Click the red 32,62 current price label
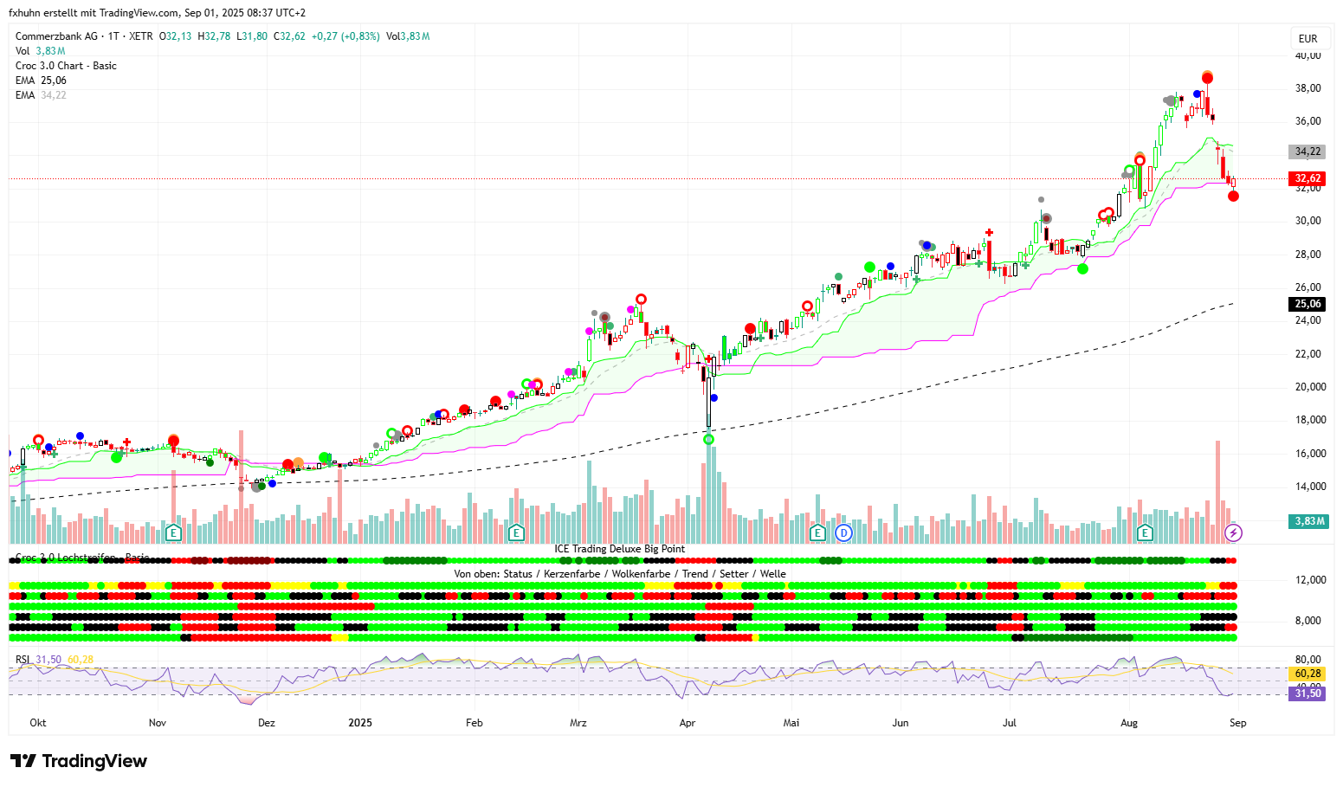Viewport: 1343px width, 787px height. coord(1307,178)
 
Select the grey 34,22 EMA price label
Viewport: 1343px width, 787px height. coord(1307,152)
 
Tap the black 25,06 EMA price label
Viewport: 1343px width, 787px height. coord(1307,304)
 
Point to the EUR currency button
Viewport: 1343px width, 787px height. coord(1307,38)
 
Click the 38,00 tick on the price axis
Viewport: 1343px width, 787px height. coord(1307,88)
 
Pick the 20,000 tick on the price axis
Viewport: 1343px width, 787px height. coord(1310,387)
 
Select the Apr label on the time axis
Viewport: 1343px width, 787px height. coord(688,723)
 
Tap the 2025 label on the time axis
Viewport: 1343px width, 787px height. coord(360,723)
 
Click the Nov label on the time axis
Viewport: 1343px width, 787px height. coord(158,723)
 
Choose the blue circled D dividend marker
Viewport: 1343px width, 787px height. coord(843,532)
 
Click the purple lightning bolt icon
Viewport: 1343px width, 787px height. coord(1234,532)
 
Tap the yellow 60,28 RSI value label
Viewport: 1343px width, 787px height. coord(1307,674)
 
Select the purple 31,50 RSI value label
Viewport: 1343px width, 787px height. coord(1307,693)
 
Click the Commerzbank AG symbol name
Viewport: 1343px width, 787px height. coord(56,36)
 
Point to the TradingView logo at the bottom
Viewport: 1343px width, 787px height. coord(79,761)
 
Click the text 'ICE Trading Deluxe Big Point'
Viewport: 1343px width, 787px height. coord(620,549)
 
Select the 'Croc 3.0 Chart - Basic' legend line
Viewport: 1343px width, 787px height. coord(66,66)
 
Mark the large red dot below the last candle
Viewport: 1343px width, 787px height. coord(1233,196)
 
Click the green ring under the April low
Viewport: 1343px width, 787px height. coord(709,440)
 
